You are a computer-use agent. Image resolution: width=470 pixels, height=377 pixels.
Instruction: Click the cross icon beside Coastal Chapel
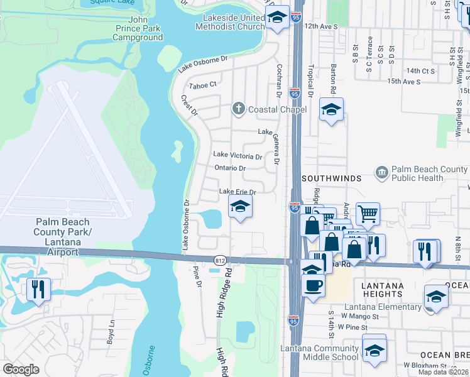coord(238,109)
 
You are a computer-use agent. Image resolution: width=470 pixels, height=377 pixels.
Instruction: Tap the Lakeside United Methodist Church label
coord(229,22)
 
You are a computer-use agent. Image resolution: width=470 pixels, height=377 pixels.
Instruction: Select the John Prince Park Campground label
coord(138,33)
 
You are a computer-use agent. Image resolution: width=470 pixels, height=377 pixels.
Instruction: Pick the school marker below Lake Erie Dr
coord(239,207)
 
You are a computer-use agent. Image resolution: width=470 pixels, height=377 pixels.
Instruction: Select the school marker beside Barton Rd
coord(331,110)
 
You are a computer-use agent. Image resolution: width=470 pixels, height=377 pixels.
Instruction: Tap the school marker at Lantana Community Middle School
coord(374,350)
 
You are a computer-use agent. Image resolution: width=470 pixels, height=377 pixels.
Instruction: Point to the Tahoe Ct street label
coord(203,84)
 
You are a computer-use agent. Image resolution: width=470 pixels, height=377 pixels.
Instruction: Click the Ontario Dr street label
coord(229,168)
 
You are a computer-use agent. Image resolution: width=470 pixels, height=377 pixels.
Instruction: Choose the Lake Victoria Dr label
coord(238,155)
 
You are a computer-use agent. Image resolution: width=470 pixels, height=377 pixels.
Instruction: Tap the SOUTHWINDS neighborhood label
coord(331,178)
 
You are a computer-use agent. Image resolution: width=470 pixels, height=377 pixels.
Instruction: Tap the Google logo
coord(21,369)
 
